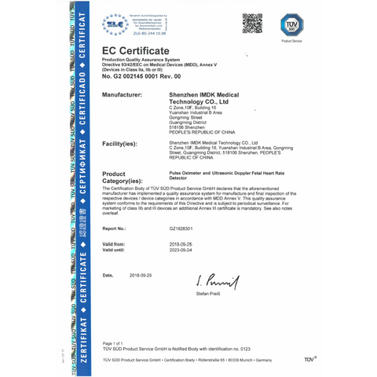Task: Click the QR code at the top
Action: pos(252,24)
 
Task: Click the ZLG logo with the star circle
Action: pos(115,24)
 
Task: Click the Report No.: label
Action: pos(117,229)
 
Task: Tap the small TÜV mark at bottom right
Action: pos(309,359)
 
